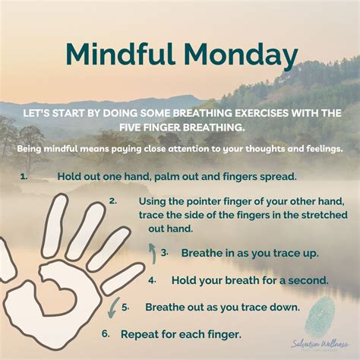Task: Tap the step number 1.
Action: point(24,175)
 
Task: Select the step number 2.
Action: point(112,201)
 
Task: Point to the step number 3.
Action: point(164,252)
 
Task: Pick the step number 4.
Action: point(152,279)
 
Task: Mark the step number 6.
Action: point(105,333)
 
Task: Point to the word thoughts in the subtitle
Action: point(235,149)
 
